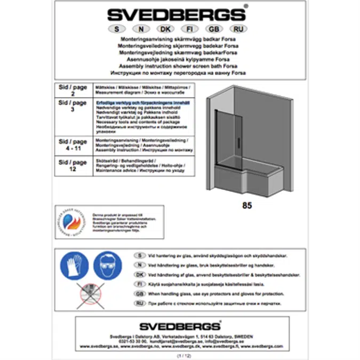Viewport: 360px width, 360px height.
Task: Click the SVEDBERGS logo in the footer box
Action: pyautogui.click(x=180, y=326)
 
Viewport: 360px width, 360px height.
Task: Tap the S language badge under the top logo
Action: pyautogui.click(x=115, y=29)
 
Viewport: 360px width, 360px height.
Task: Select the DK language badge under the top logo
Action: pyautogui.click(x=165, y=29)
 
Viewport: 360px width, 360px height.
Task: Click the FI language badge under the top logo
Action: pyautogui.click(x=189, y=29)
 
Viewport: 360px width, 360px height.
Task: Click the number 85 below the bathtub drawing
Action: pyautogui.click(x=247, y=205)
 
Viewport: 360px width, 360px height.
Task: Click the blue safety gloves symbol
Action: pyautogui.click(x=75, y=265)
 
